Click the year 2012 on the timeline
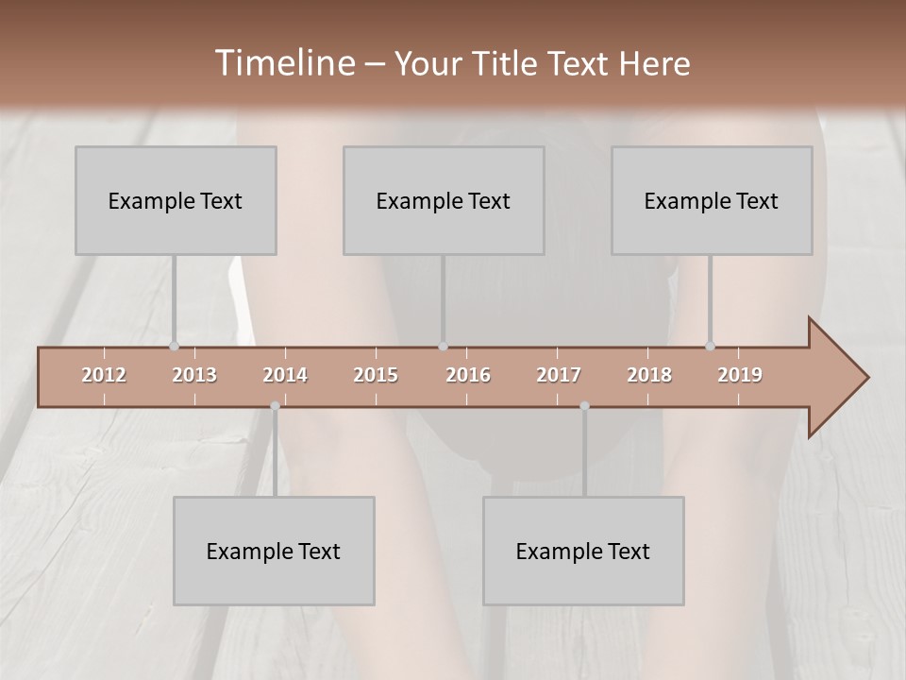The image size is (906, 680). pos(104,375)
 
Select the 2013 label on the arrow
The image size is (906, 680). pos(194,375)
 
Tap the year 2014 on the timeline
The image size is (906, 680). pos(285,375)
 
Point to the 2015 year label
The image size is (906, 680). pos(376,375)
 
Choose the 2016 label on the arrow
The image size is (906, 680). pos(468,375)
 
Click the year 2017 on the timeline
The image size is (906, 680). pos(559,375)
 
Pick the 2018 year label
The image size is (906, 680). pos(649,375)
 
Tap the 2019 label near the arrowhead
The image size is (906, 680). pos(740,375)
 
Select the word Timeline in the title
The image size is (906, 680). pos(284,63)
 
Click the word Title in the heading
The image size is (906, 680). pos(506,63)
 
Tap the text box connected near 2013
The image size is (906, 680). pos(176,200)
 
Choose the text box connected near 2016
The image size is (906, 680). pos(444,200)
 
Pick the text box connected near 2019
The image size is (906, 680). pos(712,200)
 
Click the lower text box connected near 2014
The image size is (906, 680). pos(274,551)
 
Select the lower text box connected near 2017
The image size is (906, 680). pos(583,551)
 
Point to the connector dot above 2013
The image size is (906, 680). pos(174,347)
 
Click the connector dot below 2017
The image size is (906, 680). pos(584,406)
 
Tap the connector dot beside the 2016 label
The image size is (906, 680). pos(443,347)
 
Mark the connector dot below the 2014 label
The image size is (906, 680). pos(275,406)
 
